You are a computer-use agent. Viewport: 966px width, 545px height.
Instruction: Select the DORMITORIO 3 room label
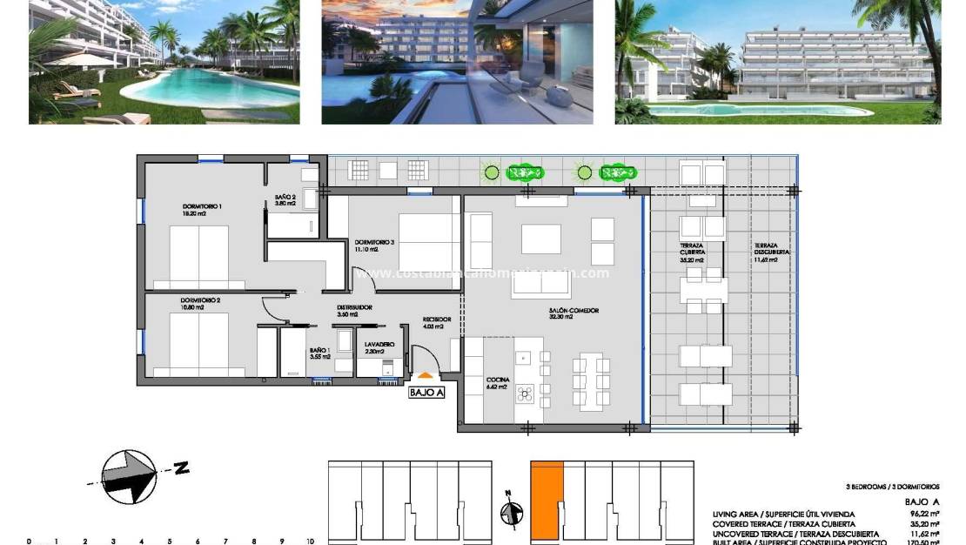(x=374, y=245)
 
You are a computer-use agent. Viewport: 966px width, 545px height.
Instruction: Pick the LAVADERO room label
(x=379, y=347)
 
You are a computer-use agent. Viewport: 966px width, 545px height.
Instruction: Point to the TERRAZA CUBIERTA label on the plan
(x=692, y=252)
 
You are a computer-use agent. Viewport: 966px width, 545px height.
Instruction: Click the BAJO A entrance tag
(x=426, y=393)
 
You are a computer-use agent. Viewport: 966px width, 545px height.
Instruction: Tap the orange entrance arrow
(x=426, y=376)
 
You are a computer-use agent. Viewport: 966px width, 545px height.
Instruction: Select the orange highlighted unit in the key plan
(x=547, y=499)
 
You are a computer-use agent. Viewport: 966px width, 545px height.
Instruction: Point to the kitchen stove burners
(x=525, y=394)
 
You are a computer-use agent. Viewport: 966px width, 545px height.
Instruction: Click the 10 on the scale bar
(x=309, y=542)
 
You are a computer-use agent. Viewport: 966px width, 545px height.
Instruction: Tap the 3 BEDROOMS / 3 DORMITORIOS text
(x=892, y=487)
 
